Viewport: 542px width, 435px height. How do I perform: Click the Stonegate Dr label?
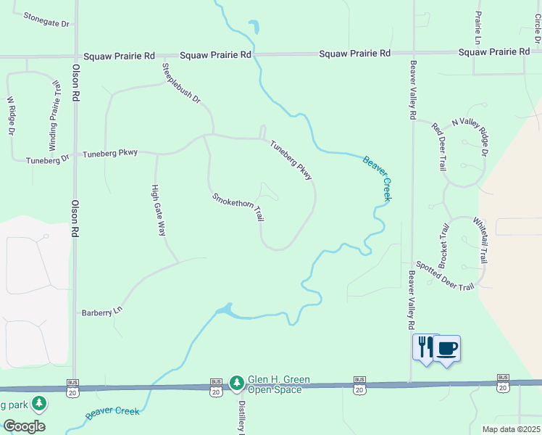46,20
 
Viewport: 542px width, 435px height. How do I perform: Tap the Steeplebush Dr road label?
180,83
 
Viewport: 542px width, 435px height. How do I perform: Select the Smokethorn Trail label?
238,207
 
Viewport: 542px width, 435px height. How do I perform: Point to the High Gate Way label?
158,210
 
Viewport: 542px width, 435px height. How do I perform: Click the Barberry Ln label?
103,312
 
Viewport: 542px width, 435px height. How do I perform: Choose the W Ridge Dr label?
11,116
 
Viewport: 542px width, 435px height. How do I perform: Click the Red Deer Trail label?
439,147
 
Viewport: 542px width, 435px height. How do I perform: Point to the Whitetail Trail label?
480,240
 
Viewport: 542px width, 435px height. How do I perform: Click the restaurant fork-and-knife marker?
424,347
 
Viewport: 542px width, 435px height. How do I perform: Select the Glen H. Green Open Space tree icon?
236,382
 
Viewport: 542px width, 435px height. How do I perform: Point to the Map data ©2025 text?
511,429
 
